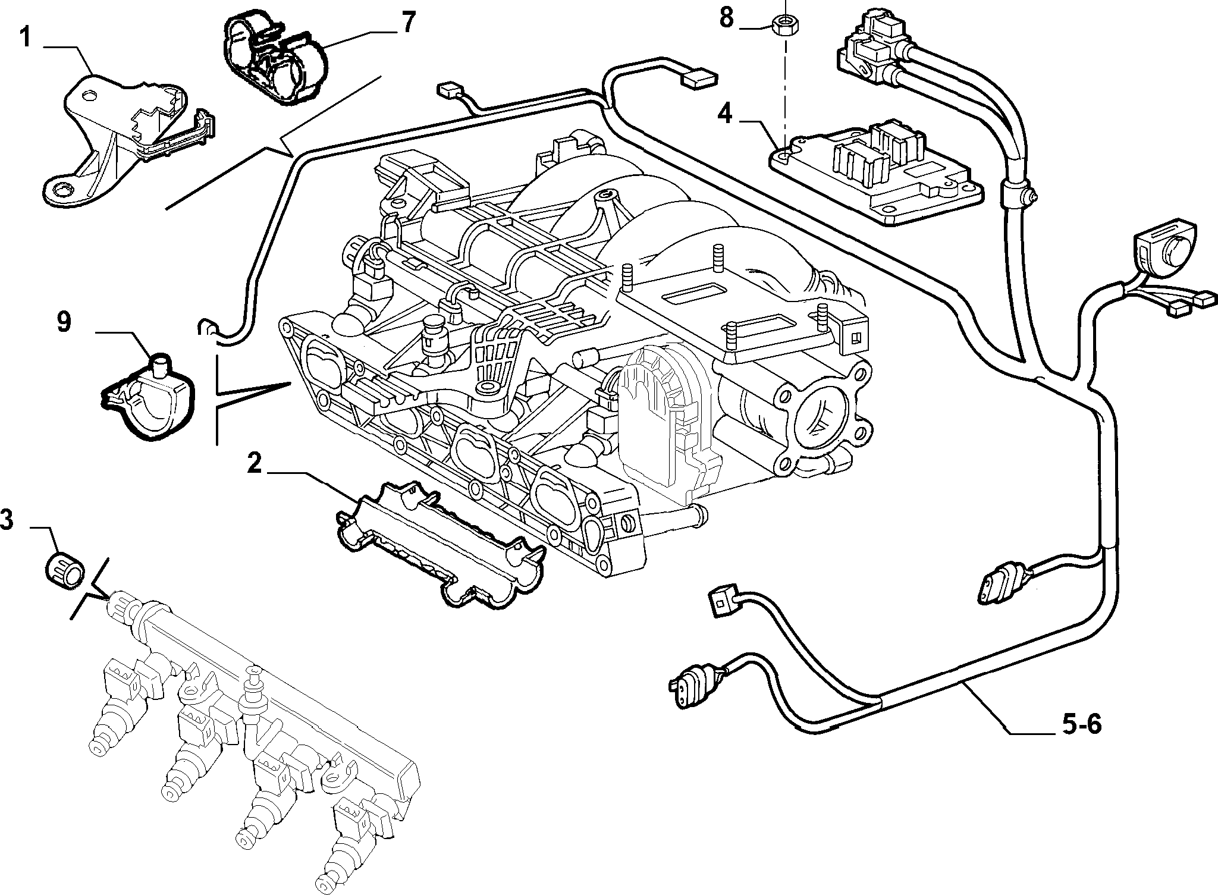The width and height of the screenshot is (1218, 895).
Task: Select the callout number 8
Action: [727, 17]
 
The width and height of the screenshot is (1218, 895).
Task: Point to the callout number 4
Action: [725, 113]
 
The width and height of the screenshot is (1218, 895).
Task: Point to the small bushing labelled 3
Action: [65, 567]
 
